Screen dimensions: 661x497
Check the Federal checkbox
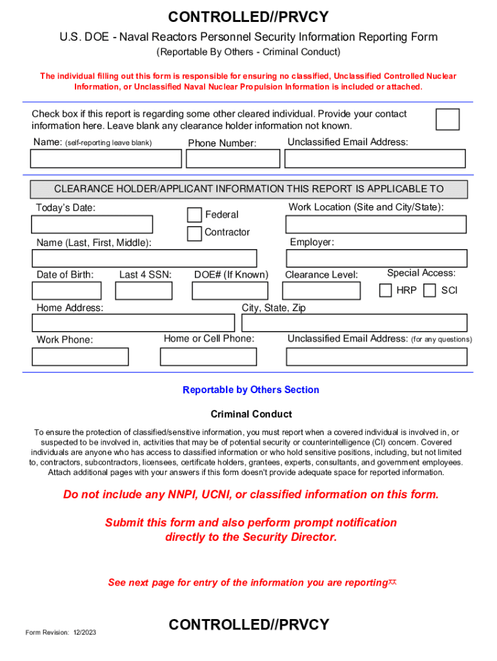tap(194, 215)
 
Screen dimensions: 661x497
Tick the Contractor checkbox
tap(194, 234)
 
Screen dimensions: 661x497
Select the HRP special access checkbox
tap(385, 290)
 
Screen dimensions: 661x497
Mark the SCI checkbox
tap(429, 290)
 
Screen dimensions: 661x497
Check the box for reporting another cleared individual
tap(447, 119)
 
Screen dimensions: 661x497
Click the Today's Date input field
tap(92, 224)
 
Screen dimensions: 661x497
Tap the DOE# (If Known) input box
tap(230, 290)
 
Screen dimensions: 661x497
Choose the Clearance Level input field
tap(321, 290)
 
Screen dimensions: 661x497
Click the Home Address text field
tap(133, 323)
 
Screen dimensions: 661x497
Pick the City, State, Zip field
tap(354, 323)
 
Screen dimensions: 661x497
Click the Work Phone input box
tap(80, 356)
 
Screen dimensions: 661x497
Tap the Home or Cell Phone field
tap(208, 356)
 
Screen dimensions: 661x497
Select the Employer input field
tap(376, 258)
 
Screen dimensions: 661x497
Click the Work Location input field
tap(376, 224)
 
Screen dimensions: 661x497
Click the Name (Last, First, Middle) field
tap(144, 258)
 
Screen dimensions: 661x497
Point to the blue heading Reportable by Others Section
tap(250, 390)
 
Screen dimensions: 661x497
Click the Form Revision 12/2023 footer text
tap(61, 633)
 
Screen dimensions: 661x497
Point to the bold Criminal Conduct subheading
tap(251, 414)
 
